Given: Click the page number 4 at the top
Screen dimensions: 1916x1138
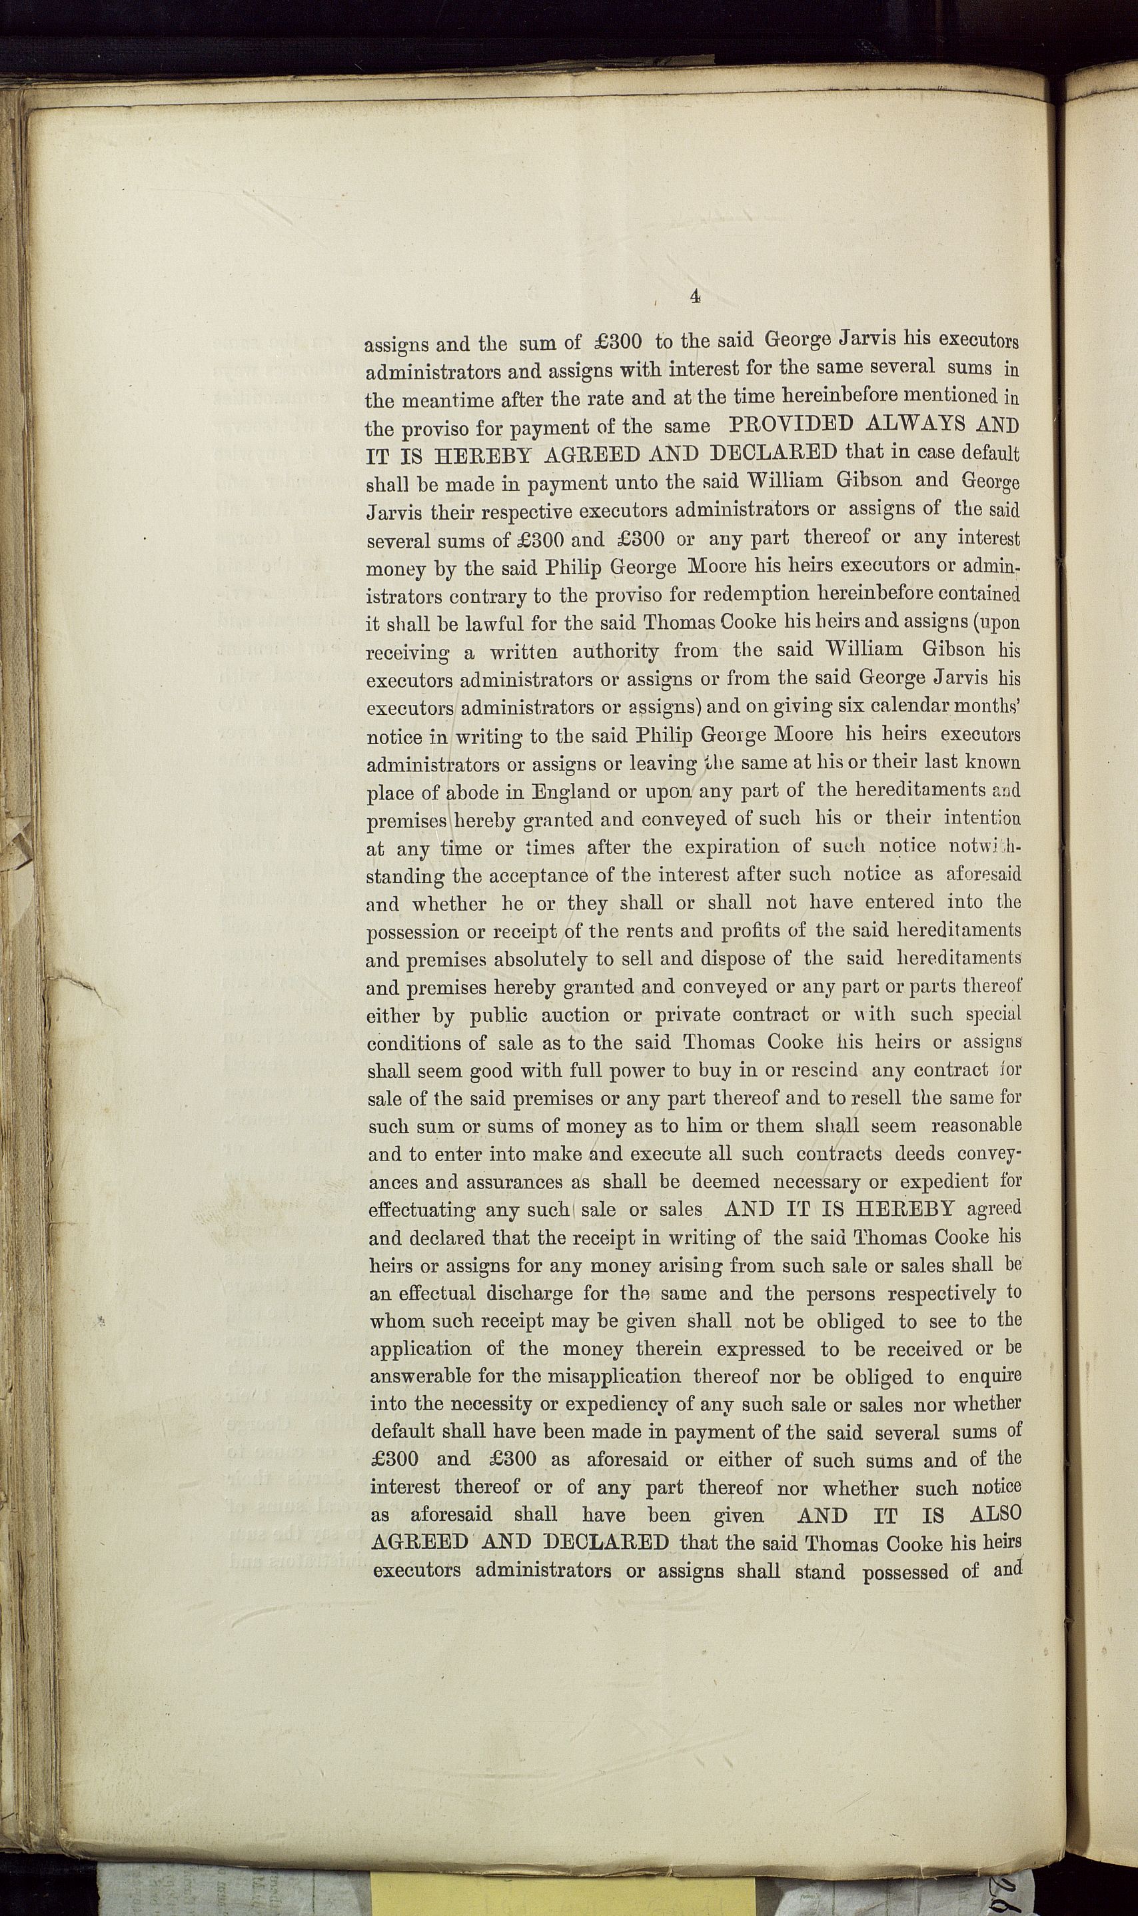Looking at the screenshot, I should tap(695, 296).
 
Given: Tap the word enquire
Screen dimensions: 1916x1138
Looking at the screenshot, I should tap(989, 1376).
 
